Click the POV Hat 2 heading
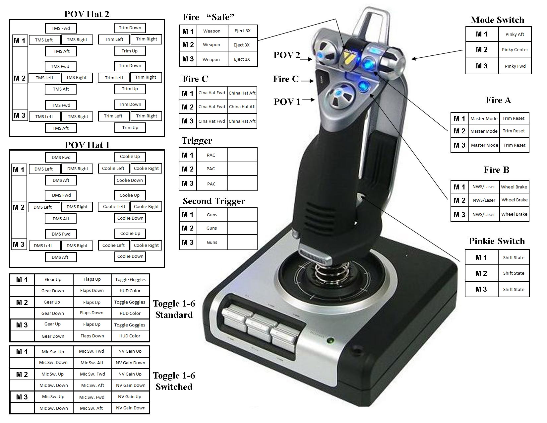click(87, 14)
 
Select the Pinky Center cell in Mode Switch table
click(515, 50)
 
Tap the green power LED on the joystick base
click(330, 341)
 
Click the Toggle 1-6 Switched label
click(174, 381)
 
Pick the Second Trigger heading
click(214, 201)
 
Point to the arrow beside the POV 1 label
click(308, 100)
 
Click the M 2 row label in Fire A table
click(459, 131)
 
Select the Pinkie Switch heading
click(497, 241)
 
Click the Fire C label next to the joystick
click(286, 79)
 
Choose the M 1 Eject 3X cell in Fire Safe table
click(243, 31)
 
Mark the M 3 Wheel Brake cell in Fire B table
click(514, 214)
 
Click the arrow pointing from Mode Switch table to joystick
click(438, 54)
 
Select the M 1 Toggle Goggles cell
click(131, 279)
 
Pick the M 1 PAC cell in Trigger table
click(211, 155)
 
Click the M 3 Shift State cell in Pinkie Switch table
click(514, 290)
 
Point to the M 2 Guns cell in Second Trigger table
click(212, 228)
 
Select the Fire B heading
click(496, 170)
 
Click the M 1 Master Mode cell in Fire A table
click(484, 119)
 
